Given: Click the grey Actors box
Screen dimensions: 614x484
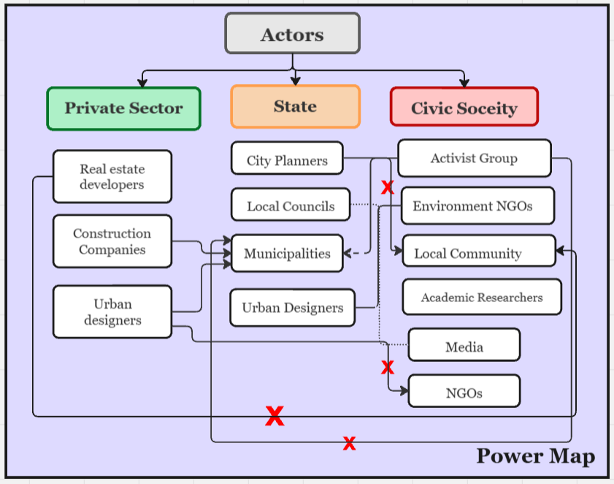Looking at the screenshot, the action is coord(293,34).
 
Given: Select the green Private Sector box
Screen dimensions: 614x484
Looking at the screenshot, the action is coord(123,108).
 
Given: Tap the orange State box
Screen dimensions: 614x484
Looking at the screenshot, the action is coord(295,106).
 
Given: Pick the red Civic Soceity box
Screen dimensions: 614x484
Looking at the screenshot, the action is coord(464,107).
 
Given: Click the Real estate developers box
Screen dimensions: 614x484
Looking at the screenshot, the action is coord(112,176).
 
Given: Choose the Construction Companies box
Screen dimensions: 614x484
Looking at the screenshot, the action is coord(112,241).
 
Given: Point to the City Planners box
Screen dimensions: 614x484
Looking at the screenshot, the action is coord(287,158).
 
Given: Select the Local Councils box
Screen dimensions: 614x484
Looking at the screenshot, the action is coord(291,204).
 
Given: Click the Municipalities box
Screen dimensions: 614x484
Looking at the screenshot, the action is coord(287,253).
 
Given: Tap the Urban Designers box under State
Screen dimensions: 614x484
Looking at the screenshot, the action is coord(293,308).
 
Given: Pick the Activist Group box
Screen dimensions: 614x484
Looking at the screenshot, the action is coord(475,158).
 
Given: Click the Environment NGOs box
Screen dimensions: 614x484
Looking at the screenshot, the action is coord(477,205).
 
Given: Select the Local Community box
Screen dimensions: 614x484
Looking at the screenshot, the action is coord(479,251).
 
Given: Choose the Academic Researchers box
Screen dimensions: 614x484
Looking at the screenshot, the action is coord(482,297).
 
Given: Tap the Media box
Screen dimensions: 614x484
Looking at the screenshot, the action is coord(464,345).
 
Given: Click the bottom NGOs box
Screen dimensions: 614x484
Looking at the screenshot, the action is coord(464,391).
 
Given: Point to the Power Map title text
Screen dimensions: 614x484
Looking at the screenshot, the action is coord(536,456).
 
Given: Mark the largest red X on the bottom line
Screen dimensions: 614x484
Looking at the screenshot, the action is coord(275,416).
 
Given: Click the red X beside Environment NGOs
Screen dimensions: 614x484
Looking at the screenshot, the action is coord(388,187).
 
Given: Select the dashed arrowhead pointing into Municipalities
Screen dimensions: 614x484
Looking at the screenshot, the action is coord(347,253).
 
